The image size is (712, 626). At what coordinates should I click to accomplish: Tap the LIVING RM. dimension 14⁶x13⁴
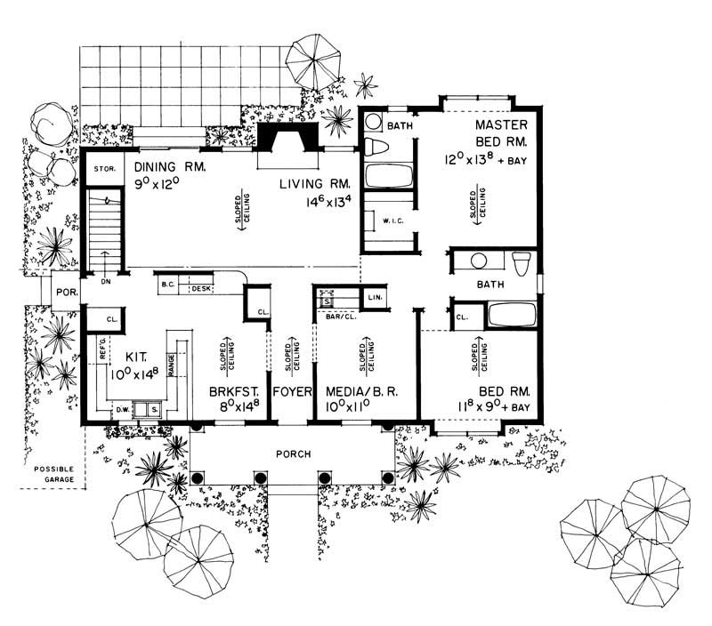(x=320, y=204)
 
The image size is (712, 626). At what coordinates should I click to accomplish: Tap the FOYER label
(x=290, y=391)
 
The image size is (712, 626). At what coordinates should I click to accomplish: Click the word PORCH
(x=293, y=454)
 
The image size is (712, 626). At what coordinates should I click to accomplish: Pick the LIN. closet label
(x=374, y=296)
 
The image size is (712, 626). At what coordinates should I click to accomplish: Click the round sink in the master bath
(x=375, y=123)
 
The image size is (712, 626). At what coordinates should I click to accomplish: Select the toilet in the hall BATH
(x=522, y=262)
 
